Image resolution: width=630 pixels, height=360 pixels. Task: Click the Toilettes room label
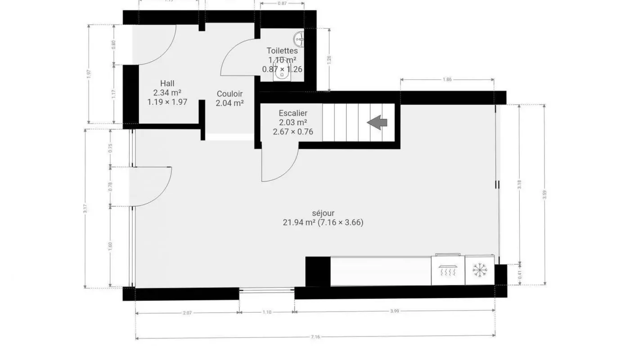pos(282,51)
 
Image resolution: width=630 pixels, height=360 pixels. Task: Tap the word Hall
pos(167,83)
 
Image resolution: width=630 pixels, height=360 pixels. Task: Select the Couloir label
pos(229,94)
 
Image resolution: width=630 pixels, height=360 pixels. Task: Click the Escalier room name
pos(293,113)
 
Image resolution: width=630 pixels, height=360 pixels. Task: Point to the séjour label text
pos(323,213)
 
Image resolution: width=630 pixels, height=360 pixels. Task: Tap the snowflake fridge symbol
pos(480,270)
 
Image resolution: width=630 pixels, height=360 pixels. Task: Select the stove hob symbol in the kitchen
pos(448,270)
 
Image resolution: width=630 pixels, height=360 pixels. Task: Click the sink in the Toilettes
pos(298,38)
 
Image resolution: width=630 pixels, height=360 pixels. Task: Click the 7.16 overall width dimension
pos(315,337)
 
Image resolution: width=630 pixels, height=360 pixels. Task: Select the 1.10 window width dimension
pos(266,312)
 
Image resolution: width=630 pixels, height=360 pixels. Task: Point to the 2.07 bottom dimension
pos(187,313)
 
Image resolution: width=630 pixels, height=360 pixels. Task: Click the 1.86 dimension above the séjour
pos(447,80)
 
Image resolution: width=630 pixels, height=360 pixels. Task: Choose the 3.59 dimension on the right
pos(545,194)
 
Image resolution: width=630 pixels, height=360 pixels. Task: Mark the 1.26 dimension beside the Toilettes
pos(330,60)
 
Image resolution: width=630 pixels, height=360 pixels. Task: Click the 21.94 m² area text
pos(299,222)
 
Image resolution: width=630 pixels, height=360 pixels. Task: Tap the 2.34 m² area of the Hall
pos(167,93)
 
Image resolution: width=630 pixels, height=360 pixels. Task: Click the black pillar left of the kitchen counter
pos(318,271)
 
